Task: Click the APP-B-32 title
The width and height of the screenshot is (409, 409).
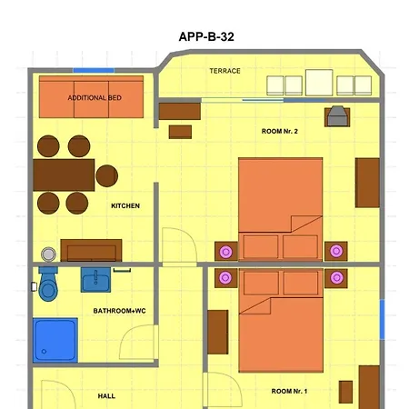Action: click(206, 36)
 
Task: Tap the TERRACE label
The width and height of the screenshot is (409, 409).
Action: click(224, 71)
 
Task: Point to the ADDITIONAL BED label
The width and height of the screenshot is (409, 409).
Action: click(95, 98)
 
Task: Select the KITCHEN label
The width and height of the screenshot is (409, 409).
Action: click(125, 206)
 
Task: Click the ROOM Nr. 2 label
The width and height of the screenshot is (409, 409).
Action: click(280, 131)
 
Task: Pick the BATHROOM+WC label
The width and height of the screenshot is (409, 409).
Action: click(119, 311)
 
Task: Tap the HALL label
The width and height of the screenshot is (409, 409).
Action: click(106, 396)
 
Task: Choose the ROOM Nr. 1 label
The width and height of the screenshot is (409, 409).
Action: click(289, 391)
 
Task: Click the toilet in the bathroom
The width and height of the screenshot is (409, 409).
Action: click(48, 284)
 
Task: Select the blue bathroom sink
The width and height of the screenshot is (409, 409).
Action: click(95, 280)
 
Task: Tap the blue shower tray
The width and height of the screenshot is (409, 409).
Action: click(55, 340)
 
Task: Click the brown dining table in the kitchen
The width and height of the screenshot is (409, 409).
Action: click(64, 175)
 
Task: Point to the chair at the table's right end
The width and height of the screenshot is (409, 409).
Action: click(106, 175)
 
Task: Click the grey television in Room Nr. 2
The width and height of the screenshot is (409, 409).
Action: click(337, 116)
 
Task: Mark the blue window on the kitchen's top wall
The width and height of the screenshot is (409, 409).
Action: click(94, 70)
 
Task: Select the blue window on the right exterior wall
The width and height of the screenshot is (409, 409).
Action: click(382, 319)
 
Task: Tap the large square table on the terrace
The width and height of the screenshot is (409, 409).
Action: click(319, 83)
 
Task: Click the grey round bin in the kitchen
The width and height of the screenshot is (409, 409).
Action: click(48, 254)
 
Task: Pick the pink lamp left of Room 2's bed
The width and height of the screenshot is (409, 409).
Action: click(225, 252)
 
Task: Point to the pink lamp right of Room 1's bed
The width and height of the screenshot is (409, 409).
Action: click(336, 277)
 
